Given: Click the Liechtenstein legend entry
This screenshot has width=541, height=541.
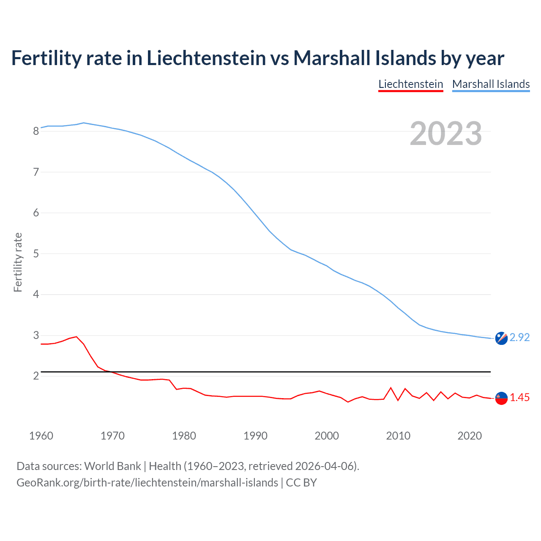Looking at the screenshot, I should point(410,84).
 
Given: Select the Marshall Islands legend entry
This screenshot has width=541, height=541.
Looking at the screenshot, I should point(491,84).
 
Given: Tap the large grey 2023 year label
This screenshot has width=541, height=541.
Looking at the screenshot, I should point(446,134).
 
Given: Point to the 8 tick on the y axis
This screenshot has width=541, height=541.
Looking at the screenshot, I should point(36,131).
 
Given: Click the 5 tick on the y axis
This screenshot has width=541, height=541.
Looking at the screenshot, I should point(36,254).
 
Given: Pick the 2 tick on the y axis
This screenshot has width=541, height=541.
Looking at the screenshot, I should point(36,376).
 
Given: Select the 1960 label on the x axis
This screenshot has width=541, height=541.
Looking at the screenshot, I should point(41,436).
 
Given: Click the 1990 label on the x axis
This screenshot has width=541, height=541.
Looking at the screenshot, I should point(255,436).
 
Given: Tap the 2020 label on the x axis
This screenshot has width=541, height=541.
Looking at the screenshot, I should point(470,436).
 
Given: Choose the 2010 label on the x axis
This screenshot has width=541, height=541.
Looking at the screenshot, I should point(398,436).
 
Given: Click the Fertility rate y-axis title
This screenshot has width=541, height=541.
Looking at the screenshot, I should point(18,262).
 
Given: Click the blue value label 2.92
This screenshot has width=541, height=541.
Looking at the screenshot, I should point(519,337).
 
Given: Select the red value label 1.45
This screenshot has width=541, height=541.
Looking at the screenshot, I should point(519,398).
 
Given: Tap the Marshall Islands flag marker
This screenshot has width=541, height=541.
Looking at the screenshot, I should point(501,339).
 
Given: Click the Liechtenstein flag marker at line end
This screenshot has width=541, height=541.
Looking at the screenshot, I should point(501,398).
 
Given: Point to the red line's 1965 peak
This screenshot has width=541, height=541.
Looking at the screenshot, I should point(77,337).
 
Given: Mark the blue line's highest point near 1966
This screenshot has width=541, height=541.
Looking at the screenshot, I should point(84,123).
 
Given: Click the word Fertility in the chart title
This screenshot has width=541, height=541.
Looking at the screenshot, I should point(46,58).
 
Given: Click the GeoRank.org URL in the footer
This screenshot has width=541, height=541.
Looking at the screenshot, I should point(147,482).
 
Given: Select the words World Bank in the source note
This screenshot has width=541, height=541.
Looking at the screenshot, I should point(112,466).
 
